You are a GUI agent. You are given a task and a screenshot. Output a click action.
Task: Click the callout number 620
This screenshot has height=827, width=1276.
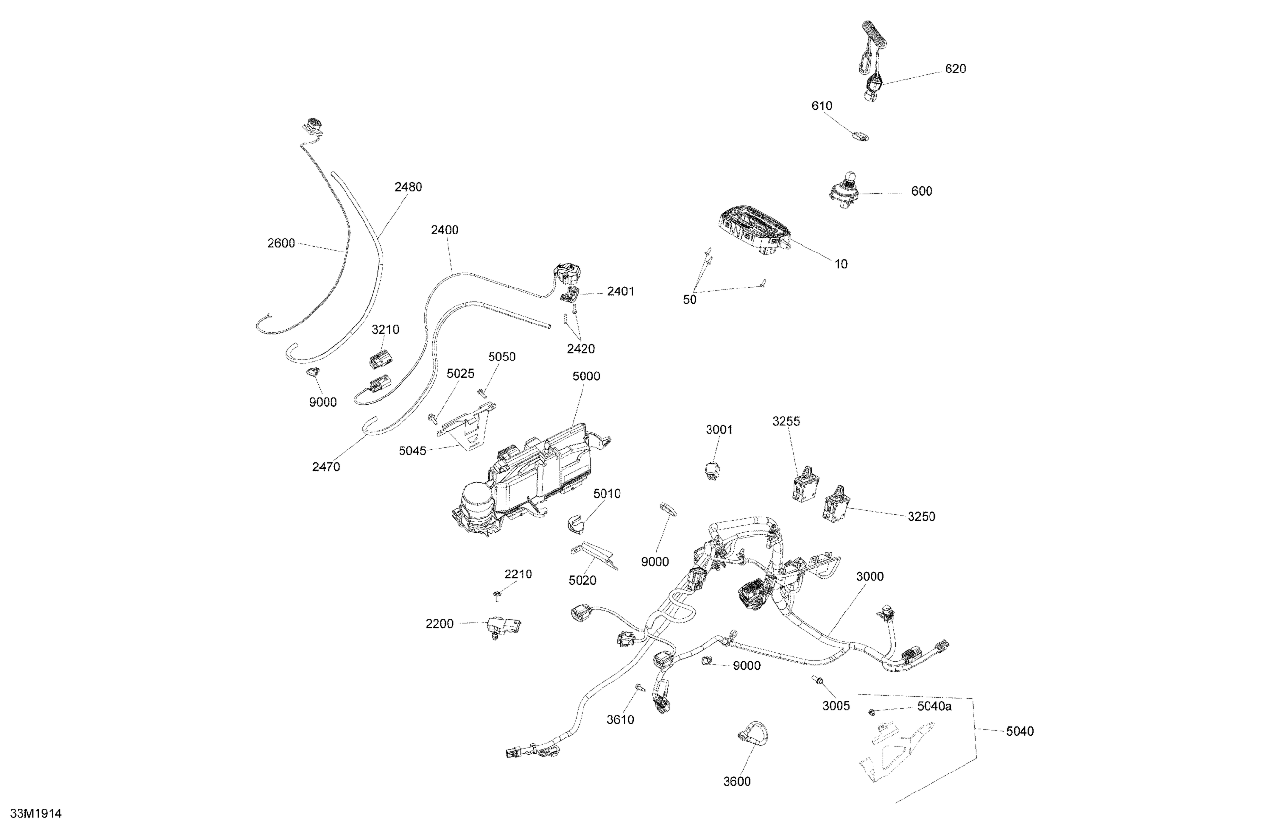click(x=955, y=69)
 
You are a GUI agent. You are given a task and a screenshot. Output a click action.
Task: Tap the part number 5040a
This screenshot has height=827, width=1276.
click(x=934, y=706)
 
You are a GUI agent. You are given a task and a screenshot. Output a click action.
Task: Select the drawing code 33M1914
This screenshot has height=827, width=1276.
click(x=36, y=813)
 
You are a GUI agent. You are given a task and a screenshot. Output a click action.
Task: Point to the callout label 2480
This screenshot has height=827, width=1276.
click(x=408, y=187)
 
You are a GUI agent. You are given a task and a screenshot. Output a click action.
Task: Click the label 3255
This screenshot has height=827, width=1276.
click(x=786, y=421)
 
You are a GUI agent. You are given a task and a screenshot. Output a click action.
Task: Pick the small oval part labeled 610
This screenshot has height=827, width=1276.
click(x=860, y=136)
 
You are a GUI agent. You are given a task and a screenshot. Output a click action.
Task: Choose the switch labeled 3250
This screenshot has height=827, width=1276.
click(x=835, y=504)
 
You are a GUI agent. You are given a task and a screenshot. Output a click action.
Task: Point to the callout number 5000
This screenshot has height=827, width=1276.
click(x=586, y=376)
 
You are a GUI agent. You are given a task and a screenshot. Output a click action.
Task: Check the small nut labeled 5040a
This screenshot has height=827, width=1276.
click(x=872, y=712)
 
